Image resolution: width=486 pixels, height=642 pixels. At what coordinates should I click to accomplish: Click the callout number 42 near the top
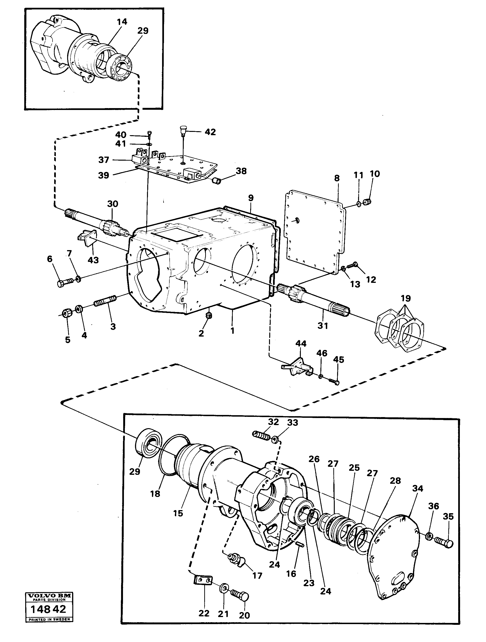point(210,132)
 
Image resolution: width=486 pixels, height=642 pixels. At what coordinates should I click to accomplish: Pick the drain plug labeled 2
point(208,316)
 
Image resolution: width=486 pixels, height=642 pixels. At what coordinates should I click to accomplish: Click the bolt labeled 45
point(334,382)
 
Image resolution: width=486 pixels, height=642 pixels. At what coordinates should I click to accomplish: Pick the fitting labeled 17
point(236,559)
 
